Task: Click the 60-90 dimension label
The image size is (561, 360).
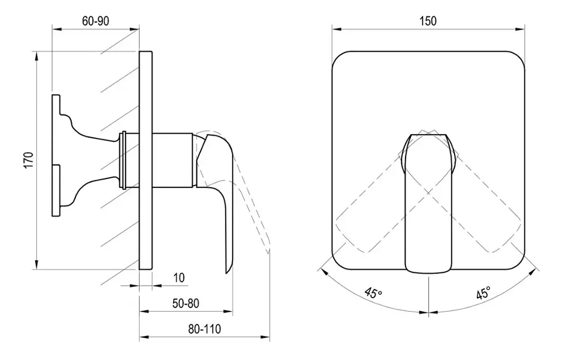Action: click(x=95, y=21)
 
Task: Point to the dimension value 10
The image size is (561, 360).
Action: click(x=179, y=277)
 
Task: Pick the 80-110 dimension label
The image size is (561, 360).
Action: click(x=205, y=329)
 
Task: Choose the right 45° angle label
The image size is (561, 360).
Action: click(x=483, y=293)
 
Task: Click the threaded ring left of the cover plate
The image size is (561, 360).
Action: click(x=123, y=161)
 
